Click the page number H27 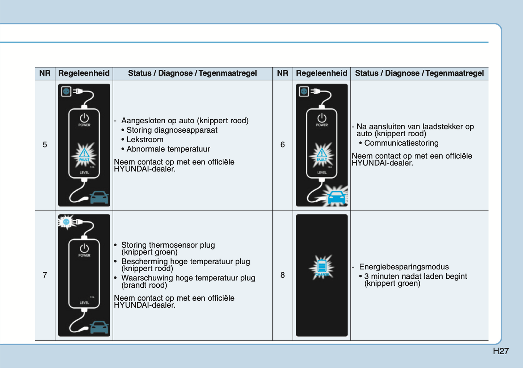(x=501, y=351)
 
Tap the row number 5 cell (x=45, y=145)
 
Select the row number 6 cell (x=282, y=145)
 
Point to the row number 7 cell (x=45, y=275)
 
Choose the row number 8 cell (x=282, y=275)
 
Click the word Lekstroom (x=145, y=140)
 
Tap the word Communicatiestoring (x=401, y=143)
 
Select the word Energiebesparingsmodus (x=404, y=267)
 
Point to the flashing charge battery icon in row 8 (x=322, y=267)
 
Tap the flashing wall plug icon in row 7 (x=66, y=222)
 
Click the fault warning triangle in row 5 (x=84, y=154)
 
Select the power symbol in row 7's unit (x=84, y=248)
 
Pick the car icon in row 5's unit (x=99, y=197)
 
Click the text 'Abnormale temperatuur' (x=168, y=149)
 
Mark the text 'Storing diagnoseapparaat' (x=172, y=130)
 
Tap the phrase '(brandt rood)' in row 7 (x=144, y=285)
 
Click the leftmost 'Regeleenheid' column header (x=84, y=73)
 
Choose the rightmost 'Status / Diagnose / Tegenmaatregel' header (x=419, y=73)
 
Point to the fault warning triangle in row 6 (x=322, y=154)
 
